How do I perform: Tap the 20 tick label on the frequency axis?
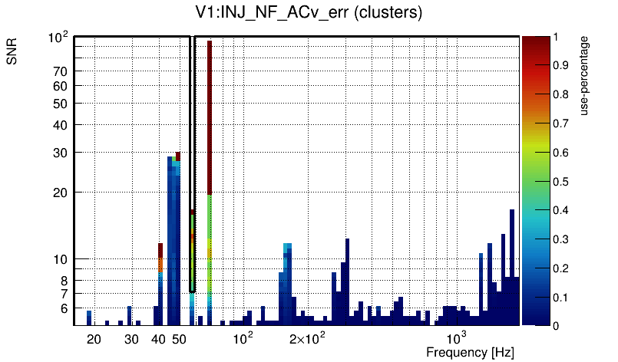[94, 338]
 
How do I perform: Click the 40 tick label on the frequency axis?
[158, 338]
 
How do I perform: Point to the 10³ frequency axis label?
[457, 338]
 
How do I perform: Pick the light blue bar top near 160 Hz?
[287, 247]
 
